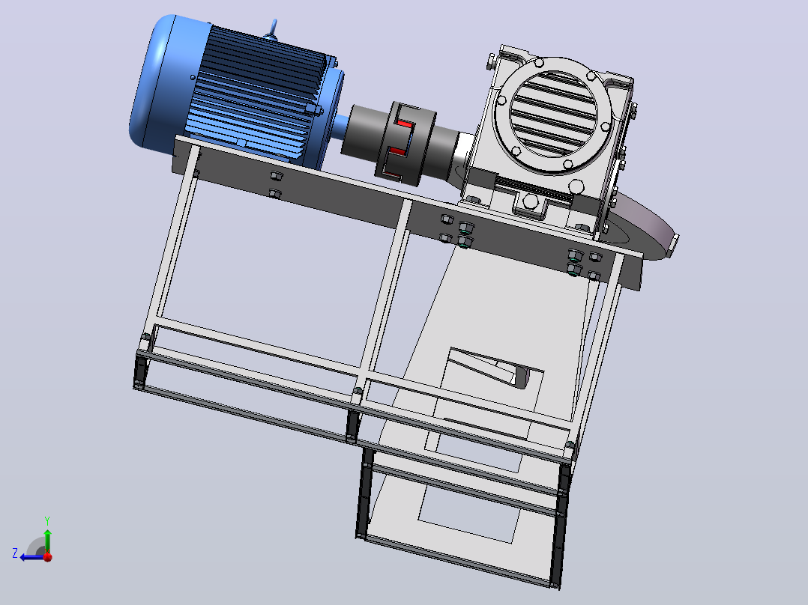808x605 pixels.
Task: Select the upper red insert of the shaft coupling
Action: point(404,124)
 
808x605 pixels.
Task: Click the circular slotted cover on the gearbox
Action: point(554,115)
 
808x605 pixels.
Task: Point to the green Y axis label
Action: point(47,520)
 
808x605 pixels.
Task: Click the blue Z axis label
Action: point(15,553)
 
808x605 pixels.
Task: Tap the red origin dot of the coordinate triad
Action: point(47,556)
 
